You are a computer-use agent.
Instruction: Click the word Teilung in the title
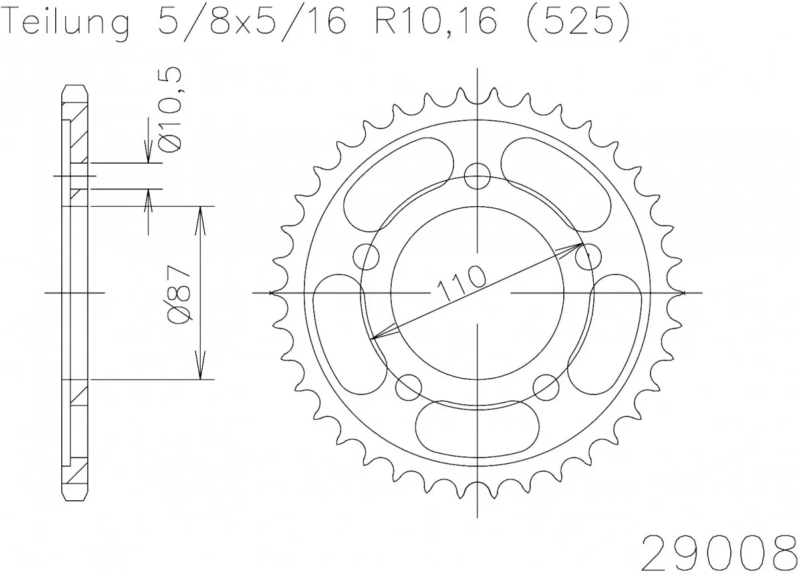[66, 24]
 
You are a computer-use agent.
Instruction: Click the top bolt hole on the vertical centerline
[477, 176]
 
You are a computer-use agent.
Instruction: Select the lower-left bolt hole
[408, 385]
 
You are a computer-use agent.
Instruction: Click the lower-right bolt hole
[546, 385]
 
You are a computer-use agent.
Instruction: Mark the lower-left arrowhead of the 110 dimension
[378, 337]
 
